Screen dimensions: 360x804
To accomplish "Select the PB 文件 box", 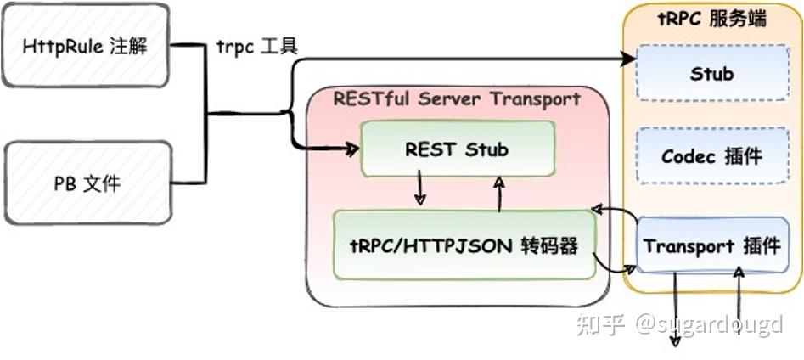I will (87, 183).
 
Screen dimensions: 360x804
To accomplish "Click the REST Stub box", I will (457, 150).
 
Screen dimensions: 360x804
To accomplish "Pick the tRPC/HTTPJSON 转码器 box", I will (464, 245).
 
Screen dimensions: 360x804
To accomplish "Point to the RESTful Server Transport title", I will (457, 99).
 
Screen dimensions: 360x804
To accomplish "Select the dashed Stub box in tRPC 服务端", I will (711, 74).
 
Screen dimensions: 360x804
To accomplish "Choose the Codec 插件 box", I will (711, 156).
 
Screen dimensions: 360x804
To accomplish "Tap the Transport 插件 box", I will (711, 246).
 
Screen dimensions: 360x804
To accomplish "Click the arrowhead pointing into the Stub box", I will (628, 59).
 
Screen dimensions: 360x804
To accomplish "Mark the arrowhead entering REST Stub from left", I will (351, 149).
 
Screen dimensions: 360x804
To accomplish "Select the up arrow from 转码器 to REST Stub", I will (499, 191).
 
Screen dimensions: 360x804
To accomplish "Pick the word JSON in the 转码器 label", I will (488, 246).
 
